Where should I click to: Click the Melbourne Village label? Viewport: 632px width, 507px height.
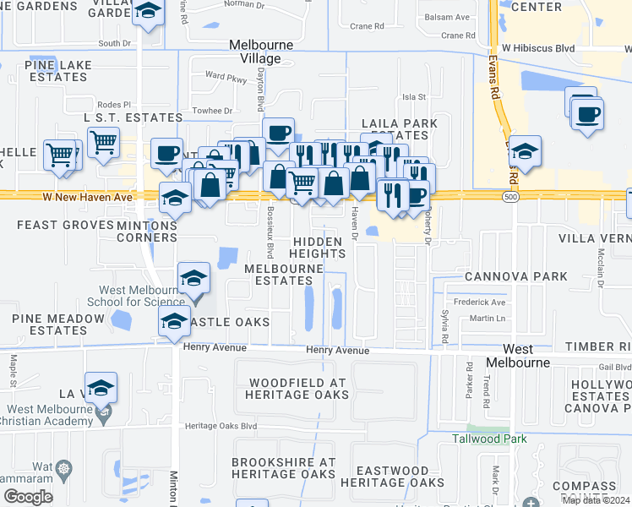click(x=261, y=51)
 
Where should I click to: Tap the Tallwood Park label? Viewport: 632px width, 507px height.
click(x=489, y=439)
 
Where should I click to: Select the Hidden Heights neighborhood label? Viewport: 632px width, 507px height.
click(x=318, y=248)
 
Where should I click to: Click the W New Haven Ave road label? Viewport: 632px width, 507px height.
click(x=89, y=197)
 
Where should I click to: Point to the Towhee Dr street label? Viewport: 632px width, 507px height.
click(x=212, y=111)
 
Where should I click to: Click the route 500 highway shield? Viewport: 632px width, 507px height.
click(x=509, y=196)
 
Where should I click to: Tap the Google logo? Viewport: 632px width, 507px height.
click(x=29, y=497)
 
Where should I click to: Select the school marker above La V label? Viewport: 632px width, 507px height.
click(x=101, y=388)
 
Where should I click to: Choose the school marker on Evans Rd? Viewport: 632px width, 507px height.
click(x=525, y=152)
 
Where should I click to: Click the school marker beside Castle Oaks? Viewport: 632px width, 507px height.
click(x=174, y=322)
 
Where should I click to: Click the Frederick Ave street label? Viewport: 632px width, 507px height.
click(x=479, y=302)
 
